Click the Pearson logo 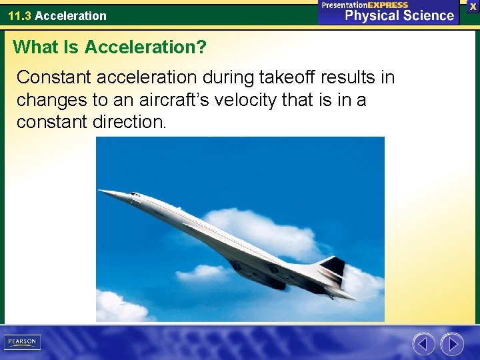(22, 342)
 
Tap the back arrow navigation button (423, 344)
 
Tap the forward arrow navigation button (452, 344)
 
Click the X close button (473, 5)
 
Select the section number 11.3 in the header (19, 15)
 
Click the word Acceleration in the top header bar (71, 15)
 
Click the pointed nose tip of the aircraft (101, 192)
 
